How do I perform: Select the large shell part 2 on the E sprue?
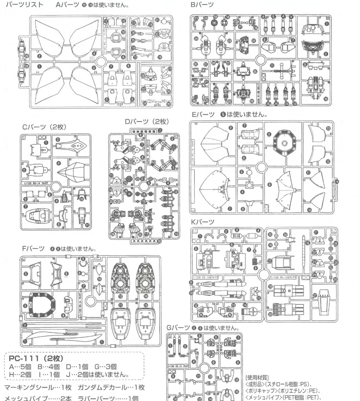click(215, 142)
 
